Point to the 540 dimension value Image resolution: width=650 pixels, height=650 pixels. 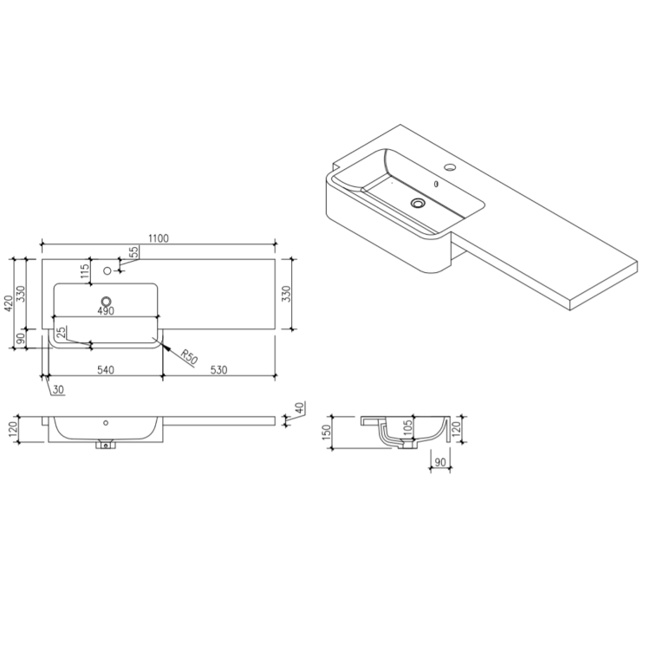105,370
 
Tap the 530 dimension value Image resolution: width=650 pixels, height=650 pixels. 218,370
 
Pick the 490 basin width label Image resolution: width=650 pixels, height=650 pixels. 106,310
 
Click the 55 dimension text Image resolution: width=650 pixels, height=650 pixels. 134,252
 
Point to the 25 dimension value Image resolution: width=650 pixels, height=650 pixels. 60,333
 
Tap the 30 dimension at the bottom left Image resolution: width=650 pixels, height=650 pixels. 57,391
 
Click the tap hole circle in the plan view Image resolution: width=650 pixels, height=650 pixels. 107,270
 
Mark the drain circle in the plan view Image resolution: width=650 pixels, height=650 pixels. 106,302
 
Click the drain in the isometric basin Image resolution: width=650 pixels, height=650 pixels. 419,203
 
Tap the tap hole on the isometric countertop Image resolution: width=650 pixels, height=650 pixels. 451,166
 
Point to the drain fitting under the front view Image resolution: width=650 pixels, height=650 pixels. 106,445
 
